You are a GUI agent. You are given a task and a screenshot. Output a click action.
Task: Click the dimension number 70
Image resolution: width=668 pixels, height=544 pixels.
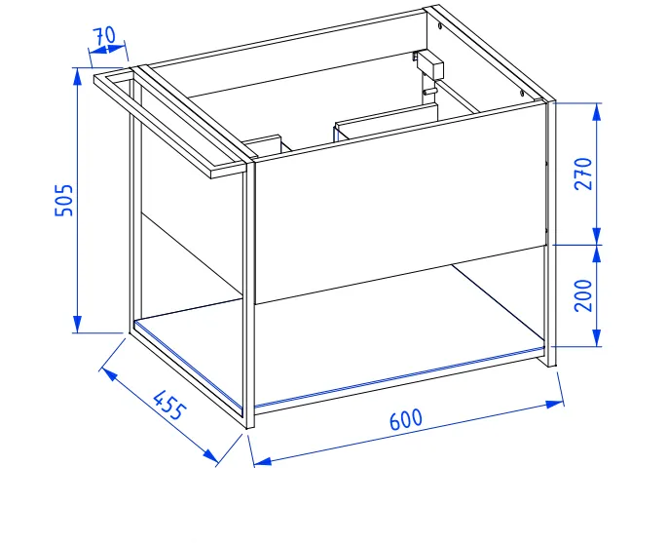pos(104,36)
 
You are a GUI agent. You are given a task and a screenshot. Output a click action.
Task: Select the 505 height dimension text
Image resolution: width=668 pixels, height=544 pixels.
pos(64,200)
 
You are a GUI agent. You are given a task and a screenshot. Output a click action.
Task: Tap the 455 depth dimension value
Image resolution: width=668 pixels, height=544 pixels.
pos(169,405)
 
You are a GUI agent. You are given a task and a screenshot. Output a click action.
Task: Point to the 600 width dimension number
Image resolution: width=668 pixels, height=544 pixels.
pos(406,419)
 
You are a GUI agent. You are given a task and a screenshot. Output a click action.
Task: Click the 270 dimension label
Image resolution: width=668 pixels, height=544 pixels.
pos(583,174)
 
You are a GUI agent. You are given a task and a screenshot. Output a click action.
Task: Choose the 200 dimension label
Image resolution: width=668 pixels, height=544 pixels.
pos(583,295)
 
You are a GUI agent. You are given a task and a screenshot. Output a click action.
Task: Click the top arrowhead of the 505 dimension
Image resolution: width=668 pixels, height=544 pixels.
pos(77,76)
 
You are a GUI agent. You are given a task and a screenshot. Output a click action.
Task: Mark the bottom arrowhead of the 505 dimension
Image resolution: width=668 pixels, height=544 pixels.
pos(77,324)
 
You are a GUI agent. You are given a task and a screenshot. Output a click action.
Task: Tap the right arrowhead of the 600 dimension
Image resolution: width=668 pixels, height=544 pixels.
pos(554,404)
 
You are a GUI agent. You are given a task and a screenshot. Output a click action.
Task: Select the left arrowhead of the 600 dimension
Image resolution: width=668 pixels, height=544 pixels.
pos(263,461)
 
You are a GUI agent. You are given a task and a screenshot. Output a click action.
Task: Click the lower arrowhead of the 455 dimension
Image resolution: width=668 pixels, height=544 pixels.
pos(210,455)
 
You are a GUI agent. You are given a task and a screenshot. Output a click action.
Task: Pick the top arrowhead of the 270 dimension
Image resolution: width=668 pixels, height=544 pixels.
pos(597,111)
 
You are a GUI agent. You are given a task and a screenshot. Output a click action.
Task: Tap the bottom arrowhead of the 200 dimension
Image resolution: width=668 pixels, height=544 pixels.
pos(597,338)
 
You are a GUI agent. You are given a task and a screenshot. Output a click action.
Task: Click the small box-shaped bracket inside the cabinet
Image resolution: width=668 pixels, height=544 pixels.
pos(429,66)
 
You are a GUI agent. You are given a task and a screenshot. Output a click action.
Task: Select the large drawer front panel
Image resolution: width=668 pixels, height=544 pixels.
pos(399,203)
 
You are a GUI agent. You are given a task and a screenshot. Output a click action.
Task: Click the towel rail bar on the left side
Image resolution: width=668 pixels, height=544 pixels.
pos(169,125)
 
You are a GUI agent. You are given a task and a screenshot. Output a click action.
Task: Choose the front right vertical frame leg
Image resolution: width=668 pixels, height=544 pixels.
pos(551,234)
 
